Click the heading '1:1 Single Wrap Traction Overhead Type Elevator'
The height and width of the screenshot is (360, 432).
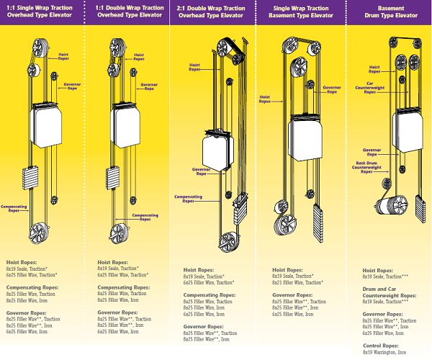pyautogui.click(x=42, y=11)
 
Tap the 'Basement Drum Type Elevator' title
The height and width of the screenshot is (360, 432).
pyautogui.click(x=390, y=11)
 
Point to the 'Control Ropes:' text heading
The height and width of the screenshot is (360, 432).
pyautogui.click(x=377, y=345)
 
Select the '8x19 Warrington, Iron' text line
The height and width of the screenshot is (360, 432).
pyautogui.click(x=384, y=352)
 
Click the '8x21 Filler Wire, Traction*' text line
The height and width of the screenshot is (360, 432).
pyautogui.click(x=298, y=283)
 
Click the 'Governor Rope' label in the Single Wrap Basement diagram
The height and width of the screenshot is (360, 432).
pyautogui.click(x=330, y=91)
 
